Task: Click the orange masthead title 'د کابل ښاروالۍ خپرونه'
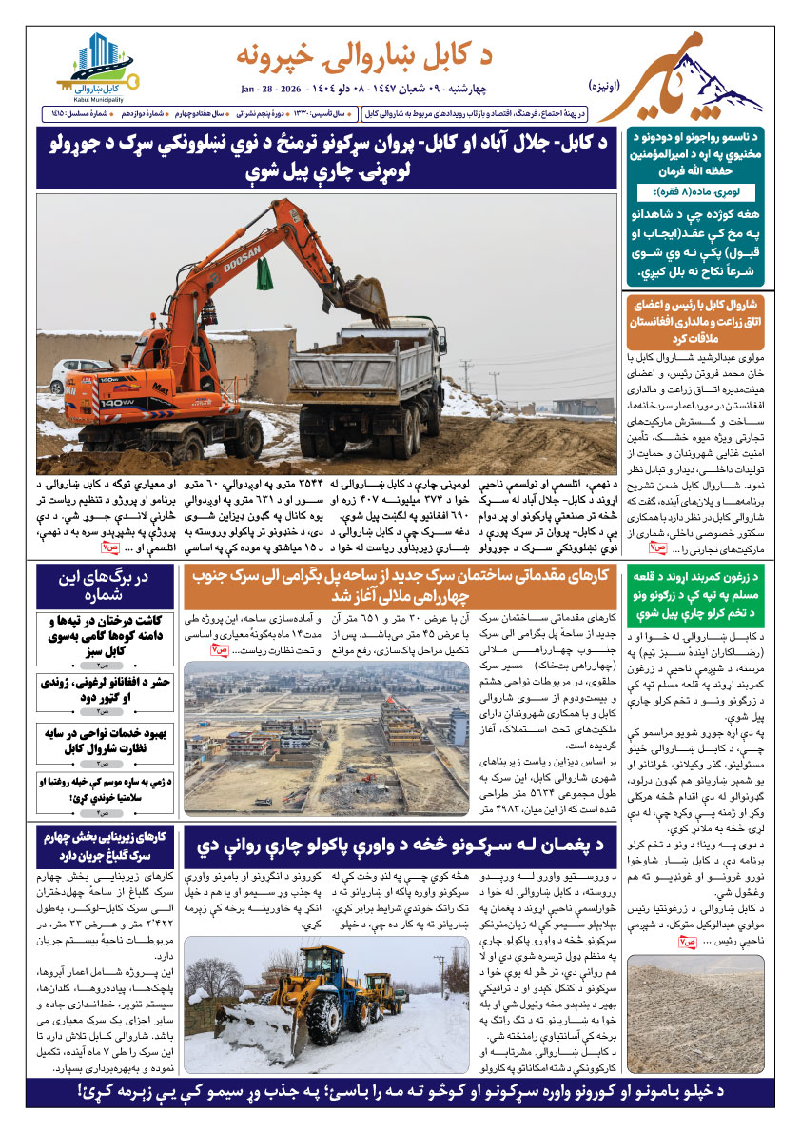(377, 56)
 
